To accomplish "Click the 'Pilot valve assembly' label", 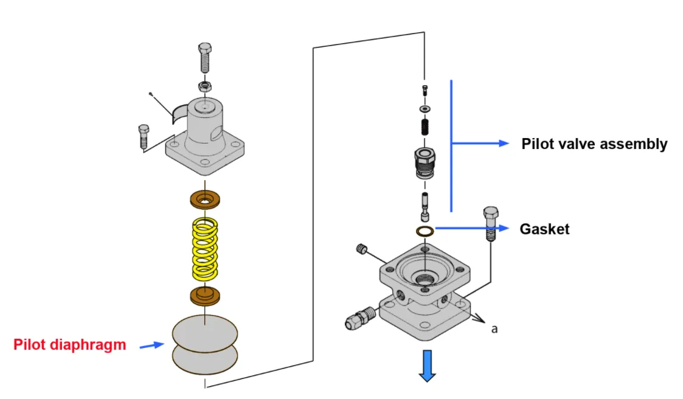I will click(594, 144).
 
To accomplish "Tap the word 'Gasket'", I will click(544, 229).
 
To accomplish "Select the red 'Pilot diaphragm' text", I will click(69, 345).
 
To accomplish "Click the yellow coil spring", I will click(206, 249).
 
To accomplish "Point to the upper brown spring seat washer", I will click(206, 199).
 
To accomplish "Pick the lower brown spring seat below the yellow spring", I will click(206, 296).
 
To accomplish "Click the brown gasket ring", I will click(425, 231).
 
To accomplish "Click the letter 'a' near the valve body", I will click(494, 328).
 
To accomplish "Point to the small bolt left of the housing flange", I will click(144, 136).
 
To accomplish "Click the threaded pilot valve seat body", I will click(425, 162).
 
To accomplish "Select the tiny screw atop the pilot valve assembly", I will click(425, 91).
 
